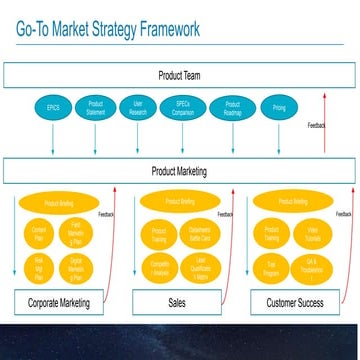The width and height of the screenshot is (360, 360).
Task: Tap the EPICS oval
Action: [x=52, y=107]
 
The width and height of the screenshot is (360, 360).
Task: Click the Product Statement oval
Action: [x=96, y=107]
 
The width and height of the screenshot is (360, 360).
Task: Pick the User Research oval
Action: [x=138, y=107]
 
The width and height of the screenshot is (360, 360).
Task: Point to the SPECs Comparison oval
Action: [x=183, y=107]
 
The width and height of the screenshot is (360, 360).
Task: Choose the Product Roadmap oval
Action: [x=232, y=107]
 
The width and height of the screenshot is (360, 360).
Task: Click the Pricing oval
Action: [x=278, y=107]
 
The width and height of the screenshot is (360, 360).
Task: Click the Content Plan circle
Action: [x=40, y=235]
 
